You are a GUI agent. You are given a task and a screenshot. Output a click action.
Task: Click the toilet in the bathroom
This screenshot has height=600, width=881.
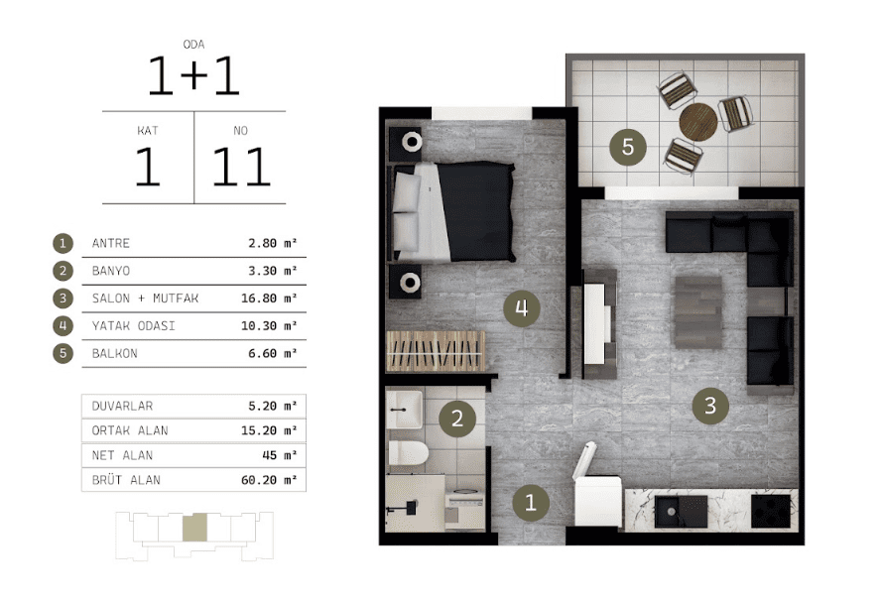tap(408, 453)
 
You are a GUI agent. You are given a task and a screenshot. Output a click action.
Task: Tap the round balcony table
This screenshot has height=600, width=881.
tap(697, 121)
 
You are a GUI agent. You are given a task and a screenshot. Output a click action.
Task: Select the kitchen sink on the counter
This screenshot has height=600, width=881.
tap(681, 511)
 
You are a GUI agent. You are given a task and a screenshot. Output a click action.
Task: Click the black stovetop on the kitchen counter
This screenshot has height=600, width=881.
tap(770, 511)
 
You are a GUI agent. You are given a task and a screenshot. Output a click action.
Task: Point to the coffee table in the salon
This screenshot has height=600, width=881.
tap(698, 311)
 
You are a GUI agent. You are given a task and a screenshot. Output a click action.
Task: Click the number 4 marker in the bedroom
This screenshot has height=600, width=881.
tap(522, 307)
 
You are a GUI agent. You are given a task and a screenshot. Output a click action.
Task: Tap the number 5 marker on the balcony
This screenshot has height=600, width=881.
tap(628, 147)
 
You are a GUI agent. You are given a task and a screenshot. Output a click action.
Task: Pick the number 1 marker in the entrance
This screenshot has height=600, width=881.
tap(531, 502)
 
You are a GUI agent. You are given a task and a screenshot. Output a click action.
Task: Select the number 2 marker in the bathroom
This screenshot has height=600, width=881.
tap(456, 418)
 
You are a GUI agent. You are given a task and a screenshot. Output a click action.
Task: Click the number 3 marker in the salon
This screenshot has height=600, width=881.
tap(710, 405)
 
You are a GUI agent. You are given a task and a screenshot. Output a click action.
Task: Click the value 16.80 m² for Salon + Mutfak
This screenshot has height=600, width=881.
tap(269, 299)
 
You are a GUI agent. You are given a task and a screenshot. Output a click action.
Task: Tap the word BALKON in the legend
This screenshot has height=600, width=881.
tap(115, 353)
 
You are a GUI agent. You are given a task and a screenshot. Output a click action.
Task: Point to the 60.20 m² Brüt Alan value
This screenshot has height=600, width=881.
tap(269, 480)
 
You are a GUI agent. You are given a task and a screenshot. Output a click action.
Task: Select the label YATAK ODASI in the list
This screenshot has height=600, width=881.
tap(134, 326)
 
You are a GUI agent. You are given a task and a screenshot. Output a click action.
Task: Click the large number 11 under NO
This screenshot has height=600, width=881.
tap(241, 167)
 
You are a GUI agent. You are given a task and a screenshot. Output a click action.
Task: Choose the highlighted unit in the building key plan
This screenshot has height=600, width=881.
tap(194, 527)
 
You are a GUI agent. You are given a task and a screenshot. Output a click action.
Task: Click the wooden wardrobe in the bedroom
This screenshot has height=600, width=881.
tap(435, 351)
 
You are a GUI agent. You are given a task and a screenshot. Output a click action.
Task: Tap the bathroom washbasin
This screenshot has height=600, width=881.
tap(405, 410)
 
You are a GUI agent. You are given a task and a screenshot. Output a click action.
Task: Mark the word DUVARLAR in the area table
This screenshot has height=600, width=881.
tap(122, 406)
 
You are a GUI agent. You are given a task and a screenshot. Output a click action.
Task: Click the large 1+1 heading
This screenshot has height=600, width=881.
tap(193, 75)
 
